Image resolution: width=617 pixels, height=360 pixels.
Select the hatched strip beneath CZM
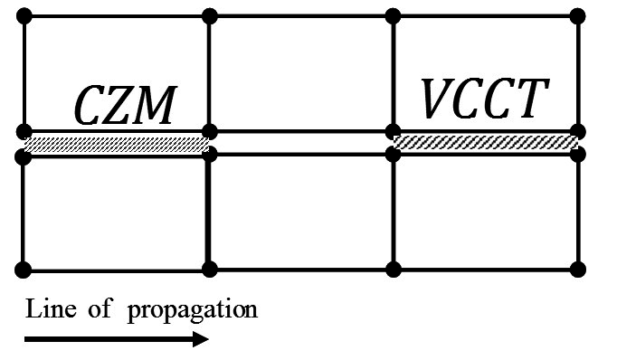click(117, 144)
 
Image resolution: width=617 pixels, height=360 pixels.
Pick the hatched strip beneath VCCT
click(485, 142)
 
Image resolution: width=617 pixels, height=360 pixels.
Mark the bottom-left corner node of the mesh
click(25, 270)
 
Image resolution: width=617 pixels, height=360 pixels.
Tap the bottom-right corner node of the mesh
click(577, 270)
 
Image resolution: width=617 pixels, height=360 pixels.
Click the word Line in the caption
click(44, 309)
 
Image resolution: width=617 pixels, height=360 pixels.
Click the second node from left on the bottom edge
click(210, 270)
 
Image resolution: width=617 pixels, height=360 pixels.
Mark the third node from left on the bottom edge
click(394, 270)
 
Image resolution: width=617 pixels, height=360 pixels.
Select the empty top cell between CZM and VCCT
click(301, 72)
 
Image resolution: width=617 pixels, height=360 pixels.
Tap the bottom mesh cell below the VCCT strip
click(485, 213)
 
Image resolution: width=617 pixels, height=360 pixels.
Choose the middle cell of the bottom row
click(301, 213)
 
